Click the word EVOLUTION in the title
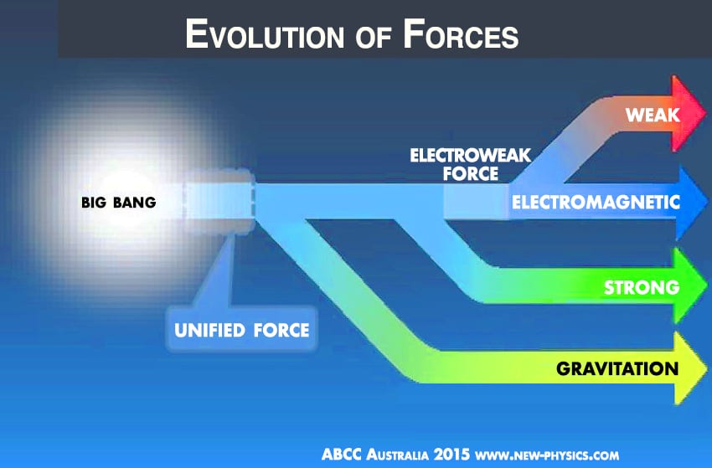(265, 34)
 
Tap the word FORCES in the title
(461, 34)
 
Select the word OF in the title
(374, 38)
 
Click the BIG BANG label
(118, 202)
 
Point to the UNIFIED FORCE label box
(241, 330)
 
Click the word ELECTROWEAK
(471, 156)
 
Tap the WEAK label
(653, 115)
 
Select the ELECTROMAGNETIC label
(596, 202)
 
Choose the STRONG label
(642, 287)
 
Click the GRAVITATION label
(617, 368)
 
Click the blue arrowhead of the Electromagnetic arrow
(691, 202)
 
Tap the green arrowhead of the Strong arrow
(691, 286)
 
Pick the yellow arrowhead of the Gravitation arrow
(691, 368)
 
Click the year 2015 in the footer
(451, 455)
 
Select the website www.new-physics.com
(547, 455)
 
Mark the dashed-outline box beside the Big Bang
(219, 202)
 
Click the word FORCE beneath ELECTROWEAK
(471, 174)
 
